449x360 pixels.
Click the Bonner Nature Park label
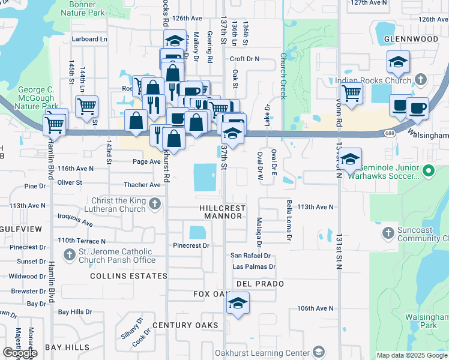(x=83, y=8)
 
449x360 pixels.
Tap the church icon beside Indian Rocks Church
(x=421, y=79)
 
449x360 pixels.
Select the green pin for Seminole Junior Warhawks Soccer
(x=427, y=172)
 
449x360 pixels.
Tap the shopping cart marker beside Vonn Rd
(x=351, y=93)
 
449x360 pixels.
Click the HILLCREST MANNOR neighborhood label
(x=222, y=212)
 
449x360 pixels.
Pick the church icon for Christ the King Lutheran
(x=155, y=205)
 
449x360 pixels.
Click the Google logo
(x=20, y=352)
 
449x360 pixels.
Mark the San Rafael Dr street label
(x=251, y=255)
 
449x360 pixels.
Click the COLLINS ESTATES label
(x=128, y=276)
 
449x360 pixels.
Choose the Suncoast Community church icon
(x=388, y=232)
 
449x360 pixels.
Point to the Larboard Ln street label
(x=89, y=39)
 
